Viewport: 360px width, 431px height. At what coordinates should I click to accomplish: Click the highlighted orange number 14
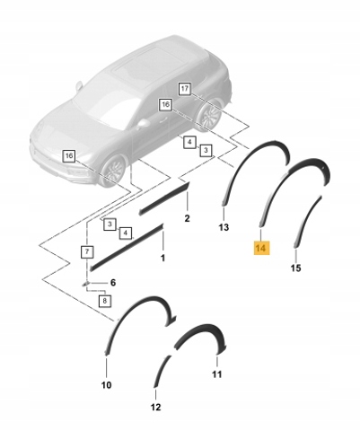pos(261,248)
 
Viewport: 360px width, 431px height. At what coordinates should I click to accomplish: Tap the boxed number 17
pos(185,89)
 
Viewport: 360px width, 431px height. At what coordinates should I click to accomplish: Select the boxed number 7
pos(87,251)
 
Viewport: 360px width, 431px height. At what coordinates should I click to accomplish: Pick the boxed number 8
pos(104,301)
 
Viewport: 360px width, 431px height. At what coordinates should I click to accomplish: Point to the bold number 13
pos(224,227)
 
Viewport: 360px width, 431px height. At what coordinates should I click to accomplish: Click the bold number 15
pos(295,268)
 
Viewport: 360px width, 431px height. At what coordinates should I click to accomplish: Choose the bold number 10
pos(106,385)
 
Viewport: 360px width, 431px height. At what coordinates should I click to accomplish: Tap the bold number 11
pos(217,374)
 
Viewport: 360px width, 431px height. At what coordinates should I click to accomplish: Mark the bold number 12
pos(156,407)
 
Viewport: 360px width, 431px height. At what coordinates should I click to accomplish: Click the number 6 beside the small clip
pos(113,283)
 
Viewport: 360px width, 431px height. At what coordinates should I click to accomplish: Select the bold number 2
pos(187,218)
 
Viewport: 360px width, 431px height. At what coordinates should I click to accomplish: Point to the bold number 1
pos(162,258)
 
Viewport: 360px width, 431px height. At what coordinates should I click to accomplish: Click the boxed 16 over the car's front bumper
pos(69,156)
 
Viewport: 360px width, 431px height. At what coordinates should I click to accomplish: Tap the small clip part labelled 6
pos(85,283)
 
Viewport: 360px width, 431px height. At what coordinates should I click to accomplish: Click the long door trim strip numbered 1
pos(127,247)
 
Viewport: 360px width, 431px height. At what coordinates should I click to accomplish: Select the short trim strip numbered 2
pos(164,198)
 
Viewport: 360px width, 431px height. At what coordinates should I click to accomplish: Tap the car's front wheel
pos(114,171)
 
